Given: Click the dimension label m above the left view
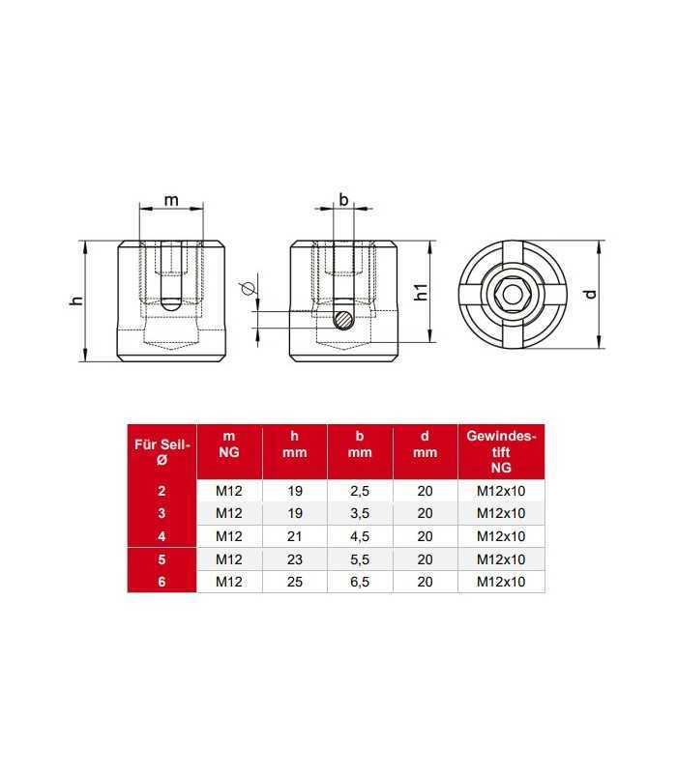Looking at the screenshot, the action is coord(171,201).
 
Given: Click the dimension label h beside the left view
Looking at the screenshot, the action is coord(77,301).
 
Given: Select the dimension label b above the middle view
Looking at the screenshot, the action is coord(343,200).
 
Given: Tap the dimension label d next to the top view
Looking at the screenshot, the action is coord(590,295).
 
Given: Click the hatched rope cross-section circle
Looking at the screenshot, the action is coord(343,320).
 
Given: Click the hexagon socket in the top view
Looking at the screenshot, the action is coord(514,295).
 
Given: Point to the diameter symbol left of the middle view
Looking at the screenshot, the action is coord(247,288).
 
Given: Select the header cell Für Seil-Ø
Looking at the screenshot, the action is coord(162,451).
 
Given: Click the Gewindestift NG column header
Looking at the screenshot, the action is coord(501,451).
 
